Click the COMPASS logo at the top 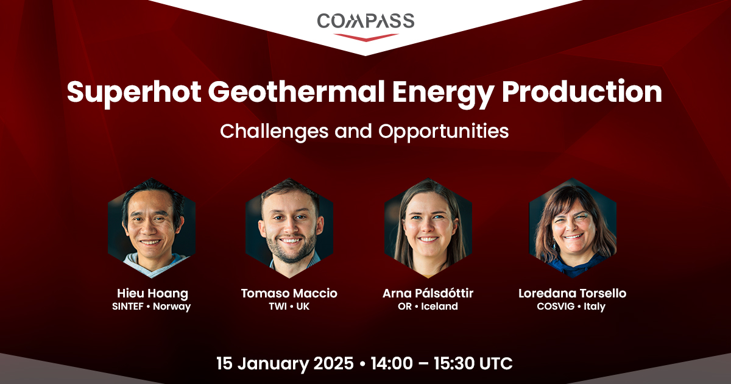365,27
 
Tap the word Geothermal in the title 296,91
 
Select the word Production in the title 582,91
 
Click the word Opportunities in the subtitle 443,132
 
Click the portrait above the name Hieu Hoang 152,228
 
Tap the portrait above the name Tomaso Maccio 289,228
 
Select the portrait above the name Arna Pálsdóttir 428,228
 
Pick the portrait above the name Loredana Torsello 573,228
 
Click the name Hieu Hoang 152,294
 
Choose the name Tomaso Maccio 289,293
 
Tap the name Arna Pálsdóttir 428,293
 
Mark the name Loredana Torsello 573,293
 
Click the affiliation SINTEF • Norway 152,307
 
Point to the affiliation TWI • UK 289,306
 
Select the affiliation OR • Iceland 428,306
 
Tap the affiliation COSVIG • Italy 571,307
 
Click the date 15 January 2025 285,364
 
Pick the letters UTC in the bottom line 496,363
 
